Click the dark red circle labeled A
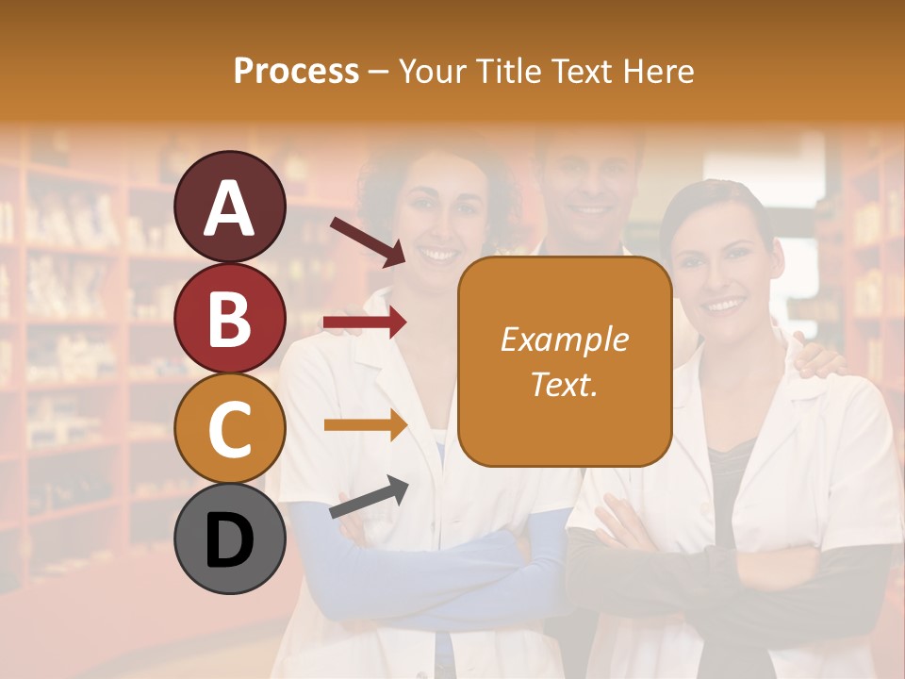tap(230, 207)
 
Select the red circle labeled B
tap(230, 318)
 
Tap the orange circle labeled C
tap(230, 428)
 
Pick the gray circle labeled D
tap(230, 538)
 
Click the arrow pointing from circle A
tap(367, 241)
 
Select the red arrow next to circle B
tap(365, 323)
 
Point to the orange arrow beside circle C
tap(365, 425)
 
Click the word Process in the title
tap(296, 71)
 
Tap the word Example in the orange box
tap(564, 339)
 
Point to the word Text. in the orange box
tap(564, 384)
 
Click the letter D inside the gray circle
tap(230, 540)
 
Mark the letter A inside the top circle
tap(230, 208)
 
